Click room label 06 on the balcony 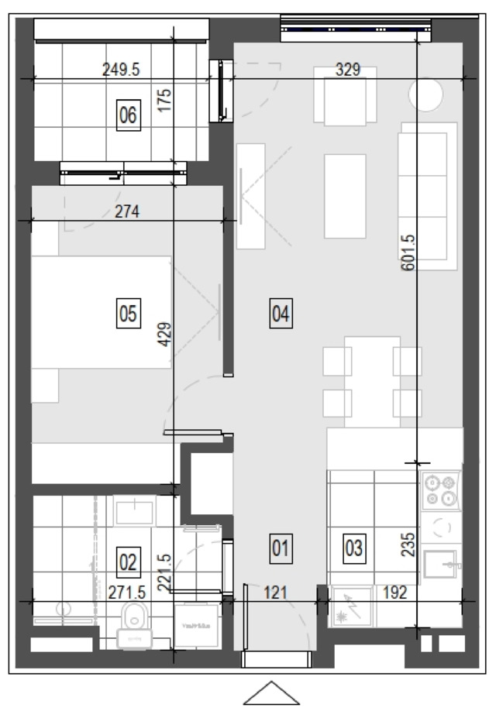pyautogui.click(x=129, y=115)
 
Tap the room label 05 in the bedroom pyautogui.click(x=129, y=314)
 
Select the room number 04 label pyautogui.click(x=281, y=314)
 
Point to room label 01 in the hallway pyautogui.click(x=281, y=548)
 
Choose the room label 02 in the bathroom pyautogui.click(x=129, y=562)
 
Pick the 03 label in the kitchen pyautogui.click(x=354, y=548)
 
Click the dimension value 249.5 pyautogui.click(x=121, y=70)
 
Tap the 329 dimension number pyautogui.click(x=348, y=70)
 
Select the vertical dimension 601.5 pyautogui.click(x=408, y=252)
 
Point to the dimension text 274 pyautogui.click(x=127, y=211)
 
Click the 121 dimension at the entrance pyautogui.click(x=275, y=592)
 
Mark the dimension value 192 pyautogui.click(x=394, y=592)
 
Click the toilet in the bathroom pyautogui.click(x=134, y=626)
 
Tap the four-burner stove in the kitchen pyautogui.click(x=441, y=490)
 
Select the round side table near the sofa pyautogui.click(x=425, y=94)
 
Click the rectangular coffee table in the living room pyautogui.click(x=345, y=196)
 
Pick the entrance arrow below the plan pyautogui.click(x=272, y=693)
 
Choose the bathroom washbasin pyautogui.click(x=134, y=511)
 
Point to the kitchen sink pyautogui.click(x=440, y=564)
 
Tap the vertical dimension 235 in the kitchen pyautogui.click(x=408, y=544)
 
